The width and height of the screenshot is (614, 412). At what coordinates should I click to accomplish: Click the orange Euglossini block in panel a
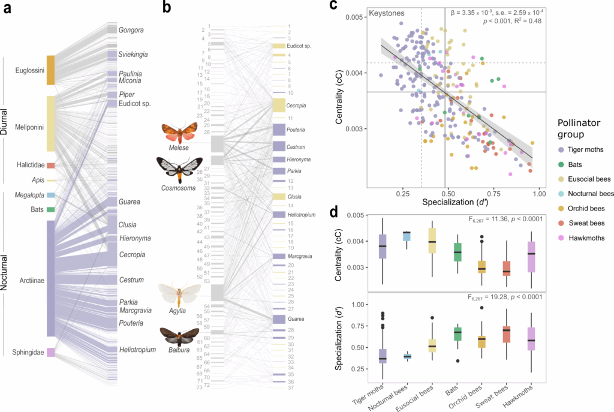[x=50, y=70]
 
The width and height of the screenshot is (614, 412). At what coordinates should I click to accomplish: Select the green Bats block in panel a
[x=50, y=209]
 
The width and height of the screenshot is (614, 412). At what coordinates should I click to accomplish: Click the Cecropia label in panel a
[x=132, y=254]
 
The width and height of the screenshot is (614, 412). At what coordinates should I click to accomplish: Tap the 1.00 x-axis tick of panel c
[x=539, y=195]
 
